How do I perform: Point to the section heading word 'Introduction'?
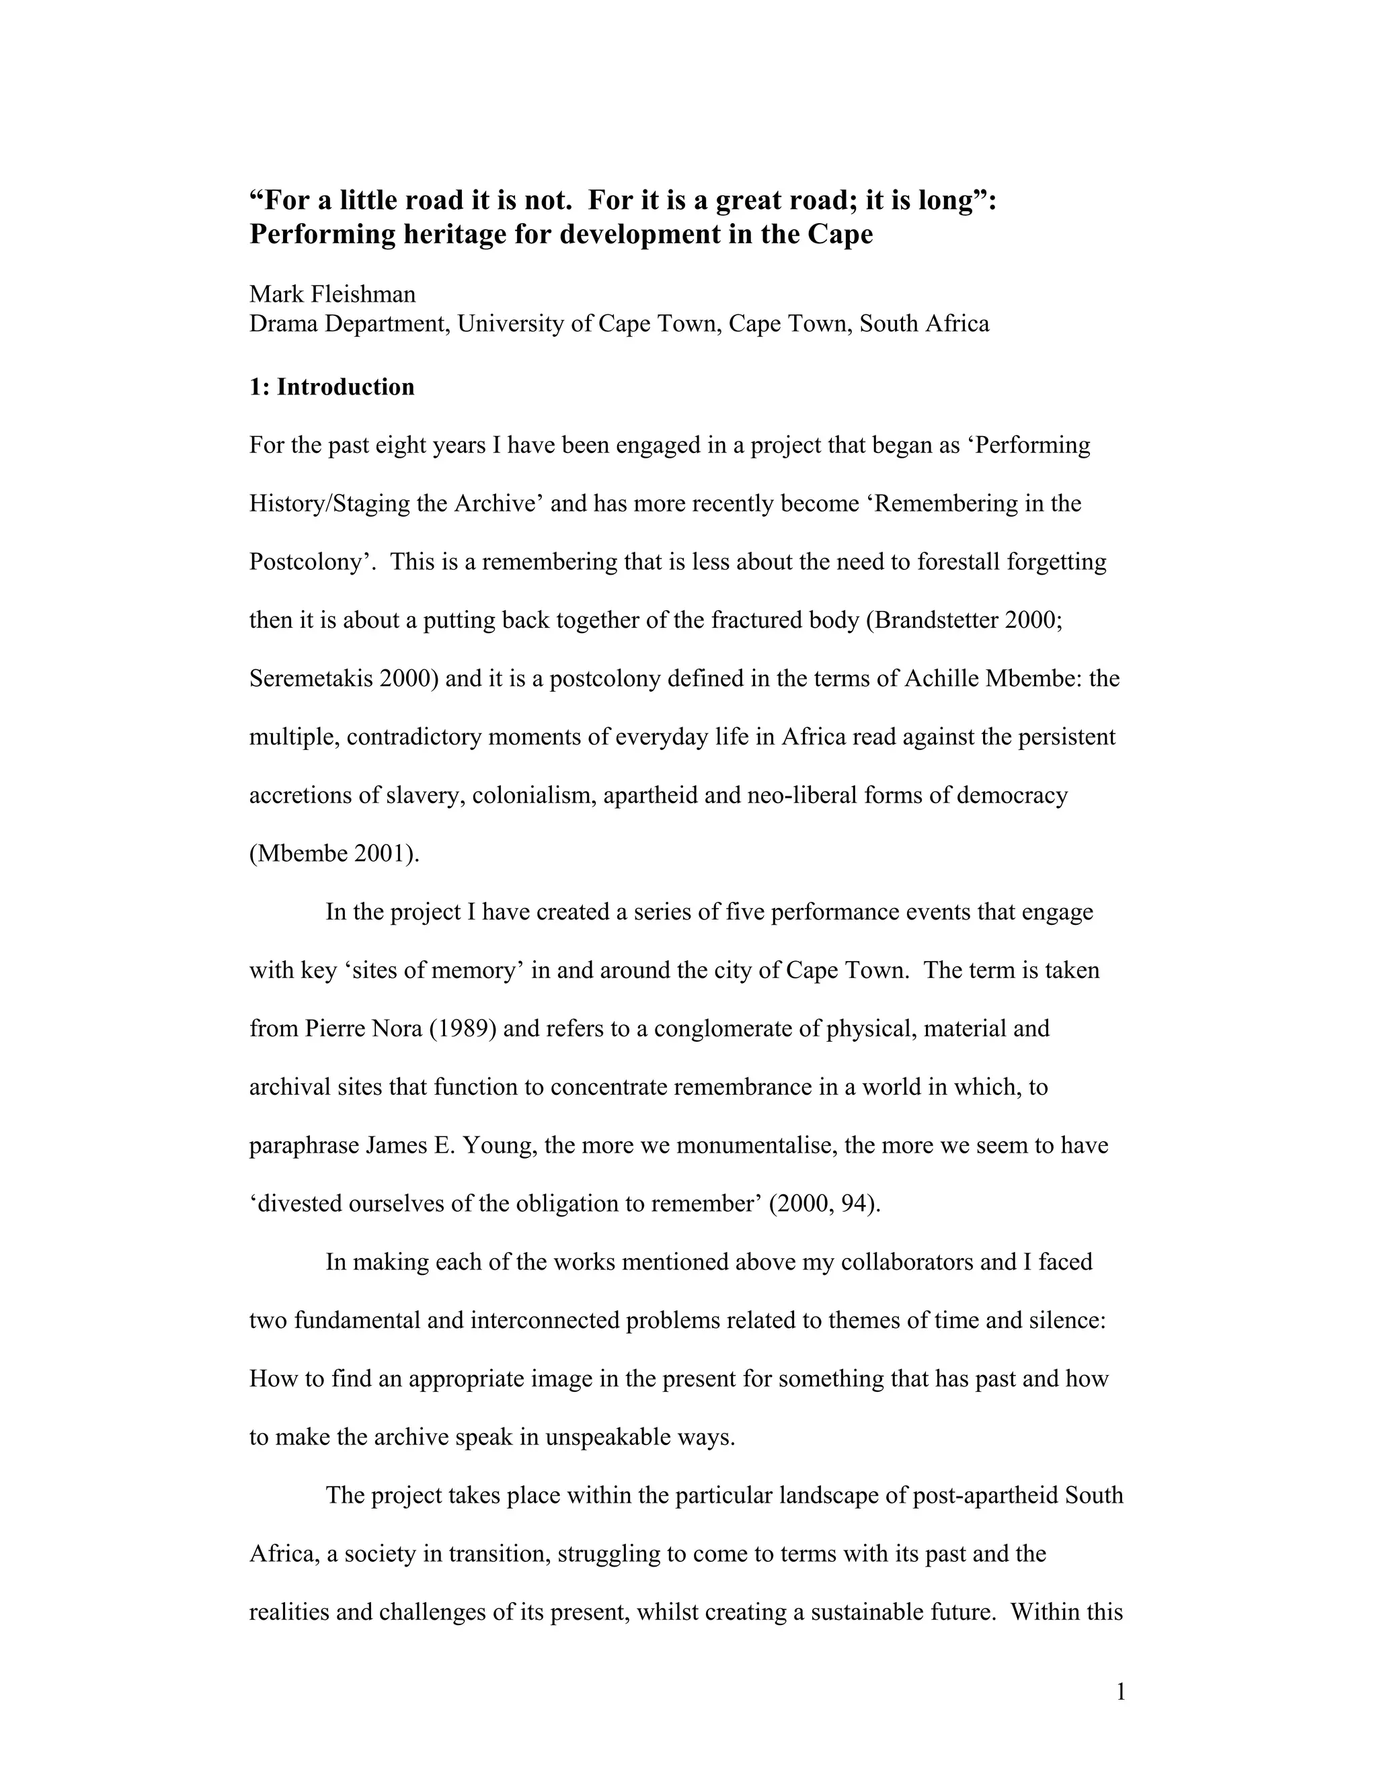point(345,386)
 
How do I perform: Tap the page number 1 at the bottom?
point(1120,1693)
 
